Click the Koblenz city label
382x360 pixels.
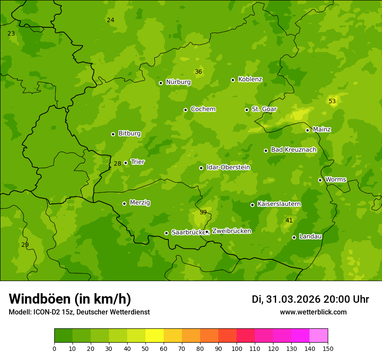tap(250, 79)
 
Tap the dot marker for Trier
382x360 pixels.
tap(126, 163)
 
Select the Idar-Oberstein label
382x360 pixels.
tap(228, 167)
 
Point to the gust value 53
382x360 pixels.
tap(332, 101)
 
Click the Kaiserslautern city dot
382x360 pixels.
tap(252, 205)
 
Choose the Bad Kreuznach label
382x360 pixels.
tap(293, 150)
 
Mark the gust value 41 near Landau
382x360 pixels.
tap(289, 221)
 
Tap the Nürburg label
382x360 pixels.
tap(178, 82)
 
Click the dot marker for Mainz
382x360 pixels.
tap(307, 130)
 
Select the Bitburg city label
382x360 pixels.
tap(129, 134)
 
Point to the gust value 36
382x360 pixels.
tap(198, 72)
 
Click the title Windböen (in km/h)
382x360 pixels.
tap(70, 299)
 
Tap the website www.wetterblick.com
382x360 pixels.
tap(313, 312)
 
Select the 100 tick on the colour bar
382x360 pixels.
tap(237, 348)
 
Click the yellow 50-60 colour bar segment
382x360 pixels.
tap(155, 336)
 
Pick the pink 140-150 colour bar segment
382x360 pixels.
tap(319, 336)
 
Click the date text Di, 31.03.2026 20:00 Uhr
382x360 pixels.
tap(310, 299)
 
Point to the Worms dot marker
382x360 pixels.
tap(320, 180)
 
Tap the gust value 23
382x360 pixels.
tap(11, 34)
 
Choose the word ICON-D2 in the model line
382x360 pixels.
tap(45, 312)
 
